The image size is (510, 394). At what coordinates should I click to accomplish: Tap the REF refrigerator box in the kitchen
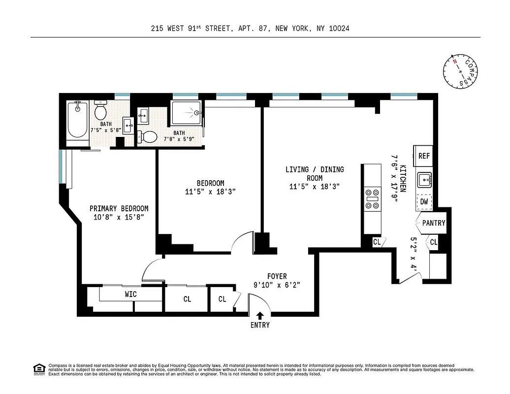[x=424, y=156]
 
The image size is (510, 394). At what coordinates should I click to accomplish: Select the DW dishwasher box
[x=424, y=201]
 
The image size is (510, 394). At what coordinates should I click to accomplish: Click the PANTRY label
[x=434, y=223]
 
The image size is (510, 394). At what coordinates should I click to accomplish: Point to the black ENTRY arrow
[x=260, y=315]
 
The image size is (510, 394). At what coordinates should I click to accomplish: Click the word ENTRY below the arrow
[x=260, y=325]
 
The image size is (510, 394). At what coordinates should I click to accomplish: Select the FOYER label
[x=277, y=276]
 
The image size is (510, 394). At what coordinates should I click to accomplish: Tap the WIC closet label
[x=130, y=294]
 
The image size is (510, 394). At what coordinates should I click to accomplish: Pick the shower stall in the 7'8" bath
[x=186, y=113]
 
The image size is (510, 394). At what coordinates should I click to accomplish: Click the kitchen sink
[x=424, y=180]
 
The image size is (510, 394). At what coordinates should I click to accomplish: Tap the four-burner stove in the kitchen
[x=373, y=198]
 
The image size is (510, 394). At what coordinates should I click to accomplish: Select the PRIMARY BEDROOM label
[x=119, y=208]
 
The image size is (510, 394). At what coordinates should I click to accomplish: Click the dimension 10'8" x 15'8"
[x=119, y=217]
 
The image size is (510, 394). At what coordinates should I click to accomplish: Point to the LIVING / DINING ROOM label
[x=315, y=173]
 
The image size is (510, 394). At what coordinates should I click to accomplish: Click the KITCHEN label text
[x=403, y=178]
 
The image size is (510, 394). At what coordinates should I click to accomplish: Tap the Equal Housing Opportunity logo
[x=39, y=368]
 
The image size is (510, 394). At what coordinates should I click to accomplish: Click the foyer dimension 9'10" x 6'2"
[x=277, y=285]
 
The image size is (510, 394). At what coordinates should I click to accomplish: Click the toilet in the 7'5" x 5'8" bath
[x=100, y=109]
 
